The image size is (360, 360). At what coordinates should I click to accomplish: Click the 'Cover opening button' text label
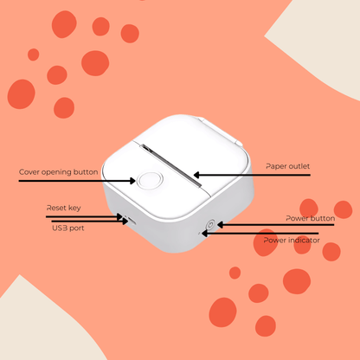58,171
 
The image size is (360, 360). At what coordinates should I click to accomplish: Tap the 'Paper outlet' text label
287,165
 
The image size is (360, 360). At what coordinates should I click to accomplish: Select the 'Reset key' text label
64,209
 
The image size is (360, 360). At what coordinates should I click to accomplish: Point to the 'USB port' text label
67,228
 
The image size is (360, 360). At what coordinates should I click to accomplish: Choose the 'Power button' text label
310,218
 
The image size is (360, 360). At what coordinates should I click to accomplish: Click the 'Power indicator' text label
292,240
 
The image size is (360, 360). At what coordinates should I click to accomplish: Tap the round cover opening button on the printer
147,181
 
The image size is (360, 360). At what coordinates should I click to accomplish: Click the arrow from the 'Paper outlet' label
251,175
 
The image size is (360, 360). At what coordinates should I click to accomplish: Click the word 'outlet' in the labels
299,165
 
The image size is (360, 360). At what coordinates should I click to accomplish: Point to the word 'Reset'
56,209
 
